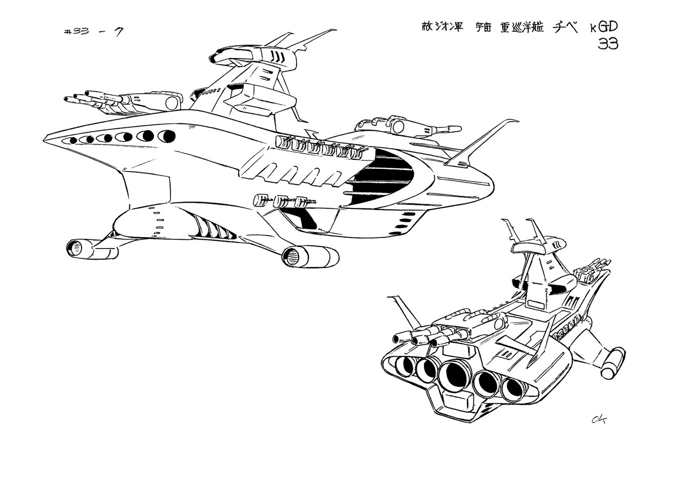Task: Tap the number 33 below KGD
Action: (x=608, y=45)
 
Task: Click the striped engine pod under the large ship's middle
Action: (x=306, y=256)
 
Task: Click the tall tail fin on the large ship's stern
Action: (x=481, y=143)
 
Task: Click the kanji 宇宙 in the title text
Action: (x=484, y=28)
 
